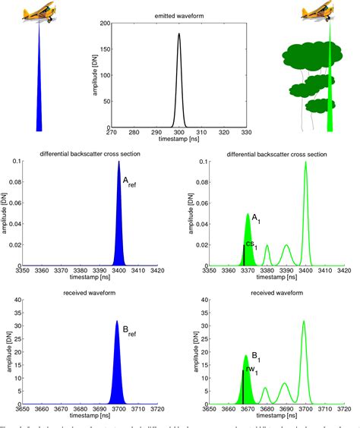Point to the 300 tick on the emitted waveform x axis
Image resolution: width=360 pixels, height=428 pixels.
click(179, 134)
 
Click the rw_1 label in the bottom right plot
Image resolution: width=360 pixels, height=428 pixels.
click(251, 371)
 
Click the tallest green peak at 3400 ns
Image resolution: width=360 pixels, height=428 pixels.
click(305, 163)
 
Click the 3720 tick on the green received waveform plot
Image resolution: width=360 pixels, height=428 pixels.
click(343, 419)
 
